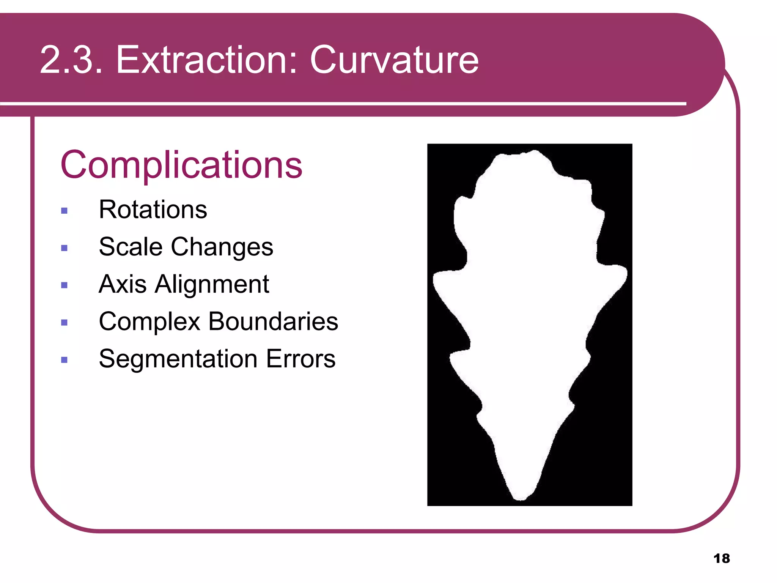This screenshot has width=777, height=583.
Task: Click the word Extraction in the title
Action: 207,60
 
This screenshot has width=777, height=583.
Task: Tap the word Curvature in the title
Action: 394,60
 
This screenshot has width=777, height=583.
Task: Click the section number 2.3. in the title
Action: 71,60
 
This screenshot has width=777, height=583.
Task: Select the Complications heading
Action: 181,165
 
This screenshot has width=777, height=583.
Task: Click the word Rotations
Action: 153,210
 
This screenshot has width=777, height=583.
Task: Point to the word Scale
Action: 131,247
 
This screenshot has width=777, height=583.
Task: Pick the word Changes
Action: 222,247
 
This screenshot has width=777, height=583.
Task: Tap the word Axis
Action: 123,284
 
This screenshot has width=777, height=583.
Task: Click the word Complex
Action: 149,322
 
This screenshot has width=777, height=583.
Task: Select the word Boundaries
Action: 273,321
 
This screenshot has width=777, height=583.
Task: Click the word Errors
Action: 300,359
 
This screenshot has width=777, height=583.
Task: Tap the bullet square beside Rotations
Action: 64,211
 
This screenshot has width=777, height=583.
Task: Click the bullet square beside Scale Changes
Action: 64,248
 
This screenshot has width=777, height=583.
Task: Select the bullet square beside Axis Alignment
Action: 64,285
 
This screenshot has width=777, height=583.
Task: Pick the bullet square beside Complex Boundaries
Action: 64,323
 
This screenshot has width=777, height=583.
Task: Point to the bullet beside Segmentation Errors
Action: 64,360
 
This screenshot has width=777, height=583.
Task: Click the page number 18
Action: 721,558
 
